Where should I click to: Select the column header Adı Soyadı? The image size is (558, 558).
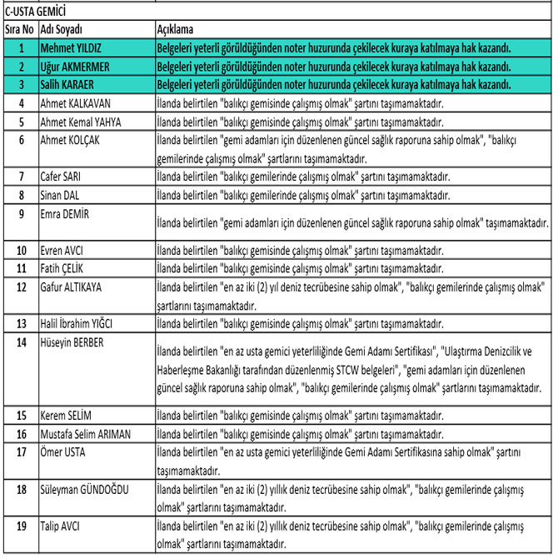[61, 29]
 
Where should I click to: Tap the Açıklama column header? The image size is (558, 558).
[176, 29]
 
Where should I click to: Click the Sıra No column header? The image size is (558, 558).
[19, 29]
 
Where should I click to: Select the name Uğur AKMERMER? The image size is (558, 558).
[80, 66]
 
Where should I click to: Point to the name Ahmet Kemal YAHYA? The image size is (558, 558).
[81, 121]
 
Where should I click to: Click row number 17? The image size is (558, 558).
[19, 451]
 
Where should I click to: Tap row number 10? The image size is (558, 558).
[19, 250]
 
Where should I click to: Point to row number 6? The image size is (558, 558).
[19, 139]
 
